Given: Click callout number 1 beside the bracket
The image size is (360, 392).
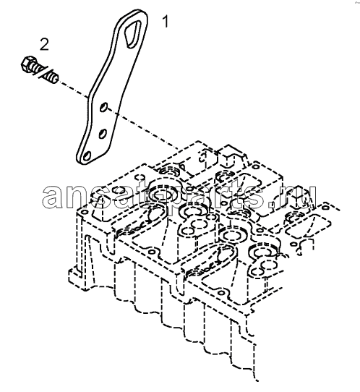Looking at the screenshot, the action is click(166, 22).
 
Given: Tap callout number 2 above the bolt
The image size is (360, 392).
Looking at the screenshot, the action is click(44, 45).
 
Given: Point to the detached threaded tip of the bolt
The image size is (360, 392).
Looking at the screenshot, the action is click(53, 77).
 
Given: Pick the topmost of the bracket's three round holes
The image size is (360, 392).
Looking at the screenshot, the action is click(103, 107).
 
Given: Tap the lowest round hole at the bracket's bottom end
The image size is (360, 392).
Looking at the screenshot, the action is click(87, 156).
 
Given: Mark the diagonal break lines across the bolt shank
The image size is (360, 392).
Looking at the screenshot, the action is click(44, 72).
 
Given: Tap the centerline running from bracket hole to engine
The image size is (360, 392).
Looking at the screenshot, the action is click(143, 129).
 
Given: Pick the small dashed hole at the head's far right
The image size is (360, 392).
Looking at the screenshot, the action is click(326, 208).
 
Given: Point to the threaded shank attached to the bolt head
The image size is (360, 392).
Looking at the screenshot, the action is click(35, 67).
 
